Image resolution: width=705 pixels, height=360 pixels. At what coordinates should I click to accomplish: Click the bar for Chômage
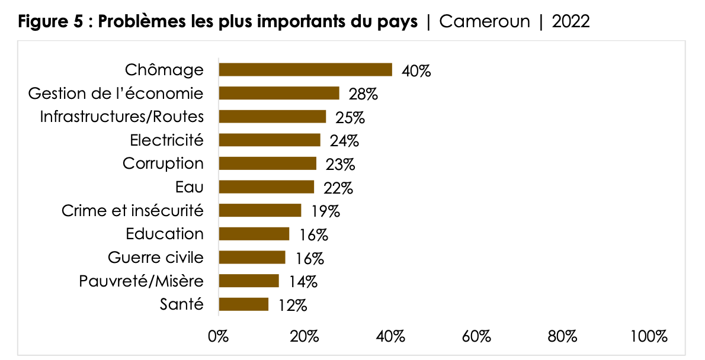(x=305, y=69)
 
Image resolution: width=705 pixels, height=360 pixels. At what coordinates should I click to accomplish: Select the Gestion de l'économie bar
(x=279, y=93)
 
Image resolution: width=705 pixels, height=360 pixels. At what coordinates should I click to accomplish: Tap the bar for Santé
(x=243, y=304)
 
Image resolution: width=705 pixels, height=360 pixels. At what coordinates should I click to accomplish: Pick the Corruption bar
(x=268, y=163)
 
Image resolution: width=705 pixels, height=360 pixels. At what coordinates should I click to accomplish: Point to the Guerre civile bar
(x=252, y=258)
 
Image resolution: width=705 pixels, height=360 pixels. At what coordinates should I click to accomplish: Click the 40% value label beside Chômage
(x=416, y=71)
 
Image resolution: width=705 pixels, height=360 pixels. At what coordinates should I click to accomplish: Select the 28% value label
(x=363, y=94)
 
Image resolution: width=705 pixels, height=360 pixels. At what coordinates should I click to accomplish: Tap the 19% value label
(x=325, y=211)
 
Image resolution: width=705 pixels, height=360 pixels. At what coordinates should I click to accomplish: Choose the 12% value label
(x=292, y=306)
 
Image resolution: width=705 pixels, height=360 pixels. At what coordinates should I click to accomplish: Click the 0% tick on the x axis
(x=218, y=337)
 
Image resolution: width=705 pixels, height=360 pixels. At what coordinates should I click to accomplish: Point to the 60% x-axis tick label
(x=477, y=337)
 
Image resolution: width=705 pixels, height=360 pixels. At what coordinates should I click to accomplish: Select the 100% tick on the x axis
(x=649, y=337)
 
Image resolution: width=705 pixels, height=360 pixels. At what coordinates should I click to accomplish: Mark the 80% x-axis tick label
(x=563, y=337)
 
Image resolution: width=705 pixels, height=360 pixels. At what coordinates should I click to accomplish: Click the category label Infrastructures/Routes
(x=121, y=116)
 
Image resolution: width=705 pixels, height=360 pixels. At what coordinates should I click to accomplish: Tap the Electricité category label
(x=166, y=140)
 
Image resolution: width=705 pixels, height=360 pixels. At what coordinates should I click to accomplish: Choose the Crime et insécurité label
(x=132, y=210)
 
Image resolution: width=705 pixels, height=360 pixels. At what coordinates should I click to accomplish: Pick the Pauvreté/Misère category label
(x=141, y=281)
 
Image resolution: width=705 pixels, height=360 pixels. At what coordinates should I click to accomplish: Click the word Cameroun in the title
(x=485, y=22)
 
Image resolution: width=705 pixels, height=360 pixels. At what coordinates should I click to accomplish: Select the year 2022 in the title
(x=571, y=22)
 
